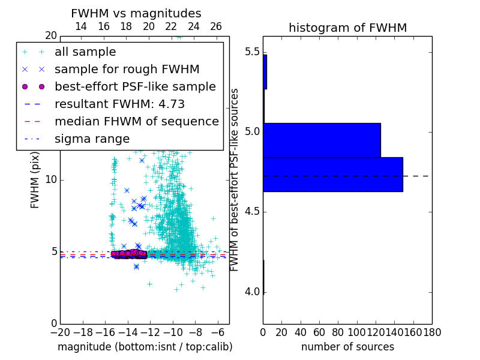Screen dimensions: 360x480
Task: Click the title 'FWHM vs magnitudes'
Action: point(136,14)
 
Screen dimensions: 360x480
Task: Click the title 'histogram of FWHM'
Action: point(347,28)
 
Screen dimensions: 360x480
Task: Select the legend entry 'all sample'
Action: point(85,52)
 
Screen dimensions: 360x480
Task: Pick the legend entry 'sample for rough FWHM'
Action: point(127,70)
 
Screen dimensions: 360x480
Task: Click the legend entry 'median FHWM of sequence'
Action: point(136,122)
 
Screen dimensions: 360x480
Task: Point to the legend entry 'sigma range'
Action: point(92,139)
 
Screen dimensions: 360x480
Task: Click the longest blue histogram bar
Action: point(332,175)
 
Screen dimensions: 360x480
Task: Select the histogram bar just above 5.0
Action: point(322,140)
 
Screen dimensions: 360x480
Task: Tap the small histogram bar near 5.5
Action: point(265,72)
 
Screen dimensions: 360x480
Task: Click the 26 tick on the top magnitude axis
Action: point(216,27)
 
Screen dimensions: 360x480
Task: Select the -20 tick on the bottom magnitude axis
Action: point(60,331)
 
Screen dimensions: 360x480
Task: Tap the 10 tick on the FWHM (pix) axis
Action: point(51,180)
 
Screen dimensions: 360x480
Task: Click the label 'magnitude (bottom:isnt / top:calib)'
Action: point(145,347)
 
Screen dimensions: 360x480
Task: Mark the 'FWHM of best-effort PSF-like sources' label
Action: point(235,179)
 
